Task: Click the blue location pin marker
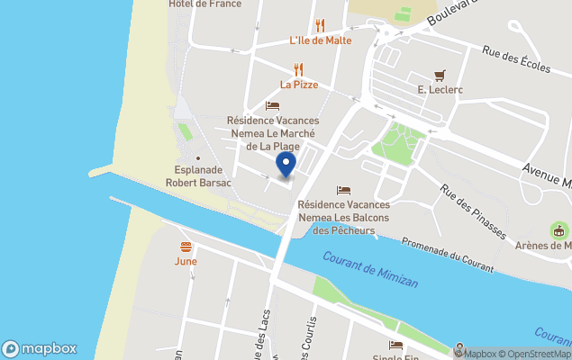pos(285,165)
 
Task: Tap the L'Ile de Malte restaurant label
pos(320,40)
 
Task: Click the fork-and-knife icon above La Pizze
pos(299,69)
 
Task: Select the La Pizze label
pos(298,85)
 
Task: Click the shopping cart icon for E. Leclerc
pos(439,75)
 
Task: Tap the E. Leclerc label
pos(439,90)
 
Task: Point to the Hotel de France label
pos(204,4)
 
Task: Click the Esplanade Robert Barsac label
pos(198,176)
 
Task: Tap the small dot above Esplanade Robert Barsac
pos(198,159)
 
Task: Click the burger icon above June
pos(186,246)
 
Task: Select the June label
pos(186,261)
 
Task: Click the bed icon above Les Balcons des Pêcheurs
pos(343,190)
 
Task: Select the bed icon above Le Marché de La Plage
pos(272,105)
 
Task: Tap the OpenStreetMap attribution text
pos(537,354)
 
